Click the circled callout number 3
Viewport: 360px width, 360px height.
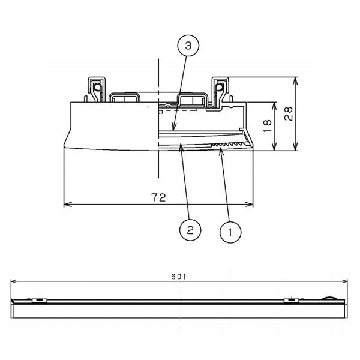click(188, 46)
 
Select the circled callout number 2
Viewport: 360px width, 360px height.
click(190, 230)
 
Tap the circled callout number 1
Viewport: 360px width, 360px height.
click(230, 232)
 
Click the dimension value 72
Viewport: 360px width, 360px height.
click(158, 197)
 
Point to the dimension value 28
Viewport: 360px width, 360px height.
click(289, 113)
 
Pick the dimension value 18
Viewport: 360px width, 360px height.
click(267, 125)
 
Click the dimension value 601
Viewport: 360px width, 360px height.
click(179, 277)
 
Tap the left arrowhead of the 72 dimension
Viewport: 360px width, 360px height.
click(67, 205)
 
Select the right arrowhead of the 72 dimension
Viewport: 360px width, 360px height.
click(249, 205)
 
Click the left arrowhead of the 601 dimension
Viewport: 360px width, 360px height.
click(14, 281)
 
